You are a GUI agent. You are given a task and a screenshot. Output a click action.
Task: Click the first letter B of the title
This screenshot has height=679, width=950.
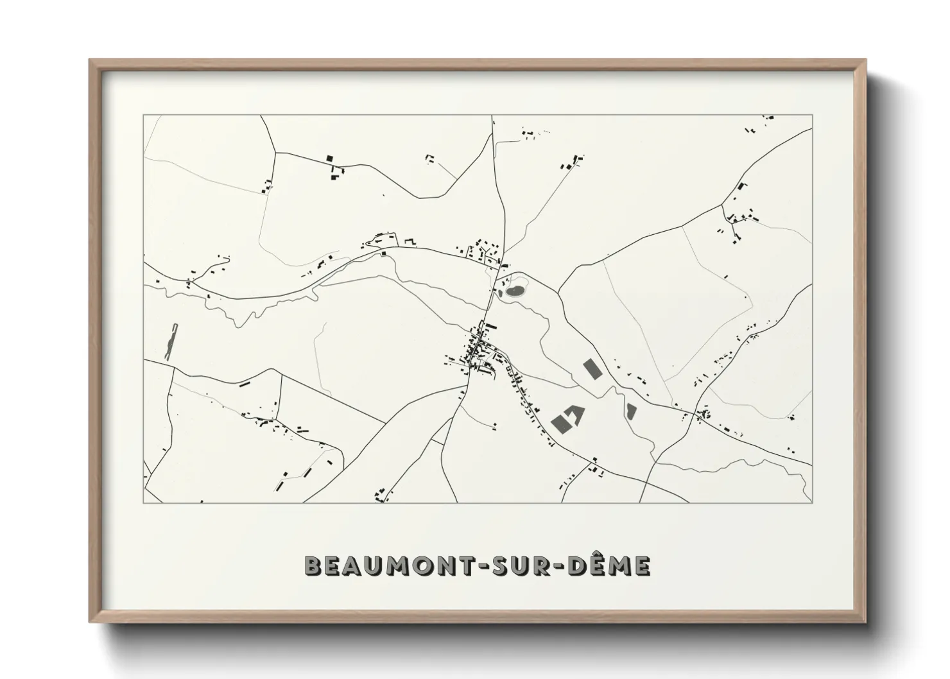[x=313, y=566]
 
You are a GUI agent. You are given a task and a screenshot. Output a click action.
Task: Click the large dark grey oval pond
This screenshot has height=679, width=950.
[x=515, y=291]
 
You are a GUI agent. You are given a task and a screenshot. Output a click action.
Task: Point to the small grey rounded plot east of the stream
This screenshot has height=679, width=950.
[x=630, y=409]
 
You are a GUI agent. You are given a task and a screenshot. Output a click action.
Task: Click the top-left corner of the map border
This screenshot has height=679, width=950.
[x=144, y=116]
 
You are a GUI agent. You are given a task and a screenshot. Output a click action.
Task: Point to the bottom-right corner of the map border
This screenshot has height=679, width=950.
[x=812, y=503]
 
